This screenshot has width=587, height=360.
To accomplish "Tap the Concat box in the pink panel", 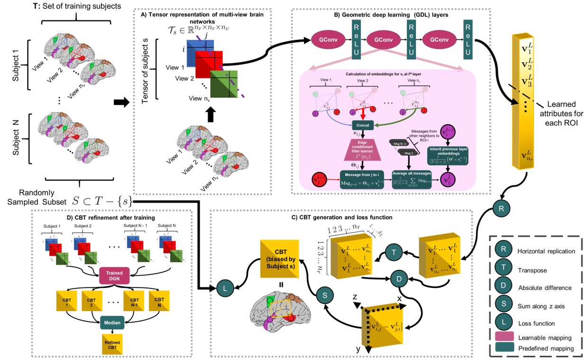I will pyautogui.click(x=363, y=125).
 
